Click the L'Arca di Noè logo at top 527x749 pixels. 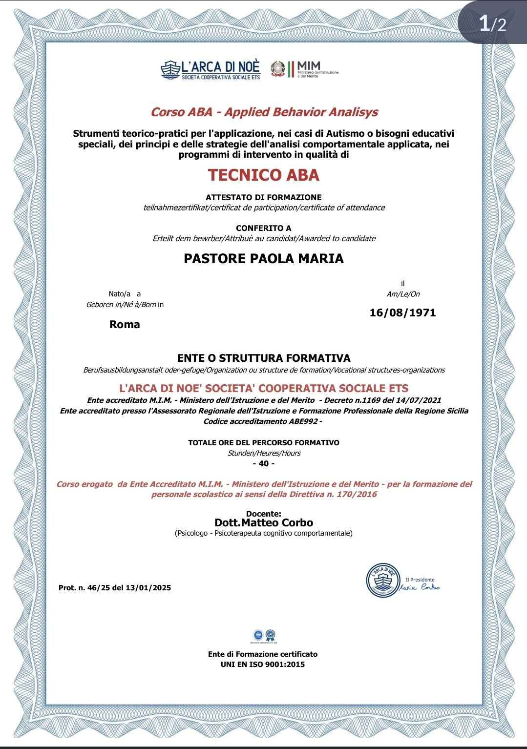[x=211, y=70]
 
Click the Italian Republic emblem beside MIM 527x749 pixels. [x=278, y=69]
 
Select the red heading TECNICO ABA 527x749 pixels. [x=264, y=175]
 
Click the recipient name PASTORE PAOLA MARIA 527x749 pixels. [x=264, y=259]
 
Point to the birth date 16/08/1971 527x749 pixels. [x=402, y=313]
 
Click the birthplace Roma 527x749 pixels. [x=125, y=325]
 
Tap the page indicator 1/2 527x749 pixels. [x=492, y=23]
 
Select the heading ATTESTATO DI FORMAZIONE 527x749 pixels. [x=264, y=197]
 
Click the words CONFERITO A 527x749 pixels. [x=264, y=228]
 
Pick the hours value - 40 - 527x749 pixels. [x=264, y=463]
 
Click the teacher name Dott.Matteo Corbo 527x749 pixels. [x=264, y=523]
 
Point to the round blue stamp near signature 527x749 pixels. [x=383, y=581]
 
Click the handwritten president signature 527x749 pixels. [x=421, y=587]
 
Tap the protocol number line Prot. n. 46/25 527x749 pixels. [x=115, y=588]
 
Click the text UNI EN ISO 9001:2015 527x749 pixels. [x=263, y=665]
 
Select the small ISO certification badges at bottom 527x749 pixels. [x=264, y=635]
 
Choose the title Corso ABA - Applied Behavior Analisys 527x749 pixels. [x=264, y=112]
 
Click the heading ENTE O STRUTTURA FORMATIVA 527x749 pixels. [x=264, y=358]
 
